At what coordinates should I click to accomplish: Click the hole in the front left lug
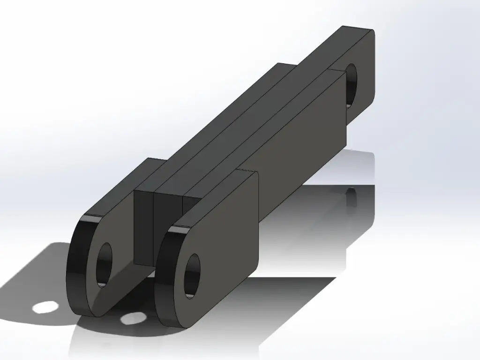104,265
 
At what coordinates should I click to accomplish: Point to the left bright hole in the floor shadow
45,307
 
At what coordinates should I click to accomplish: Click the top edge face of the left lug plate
122,187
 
